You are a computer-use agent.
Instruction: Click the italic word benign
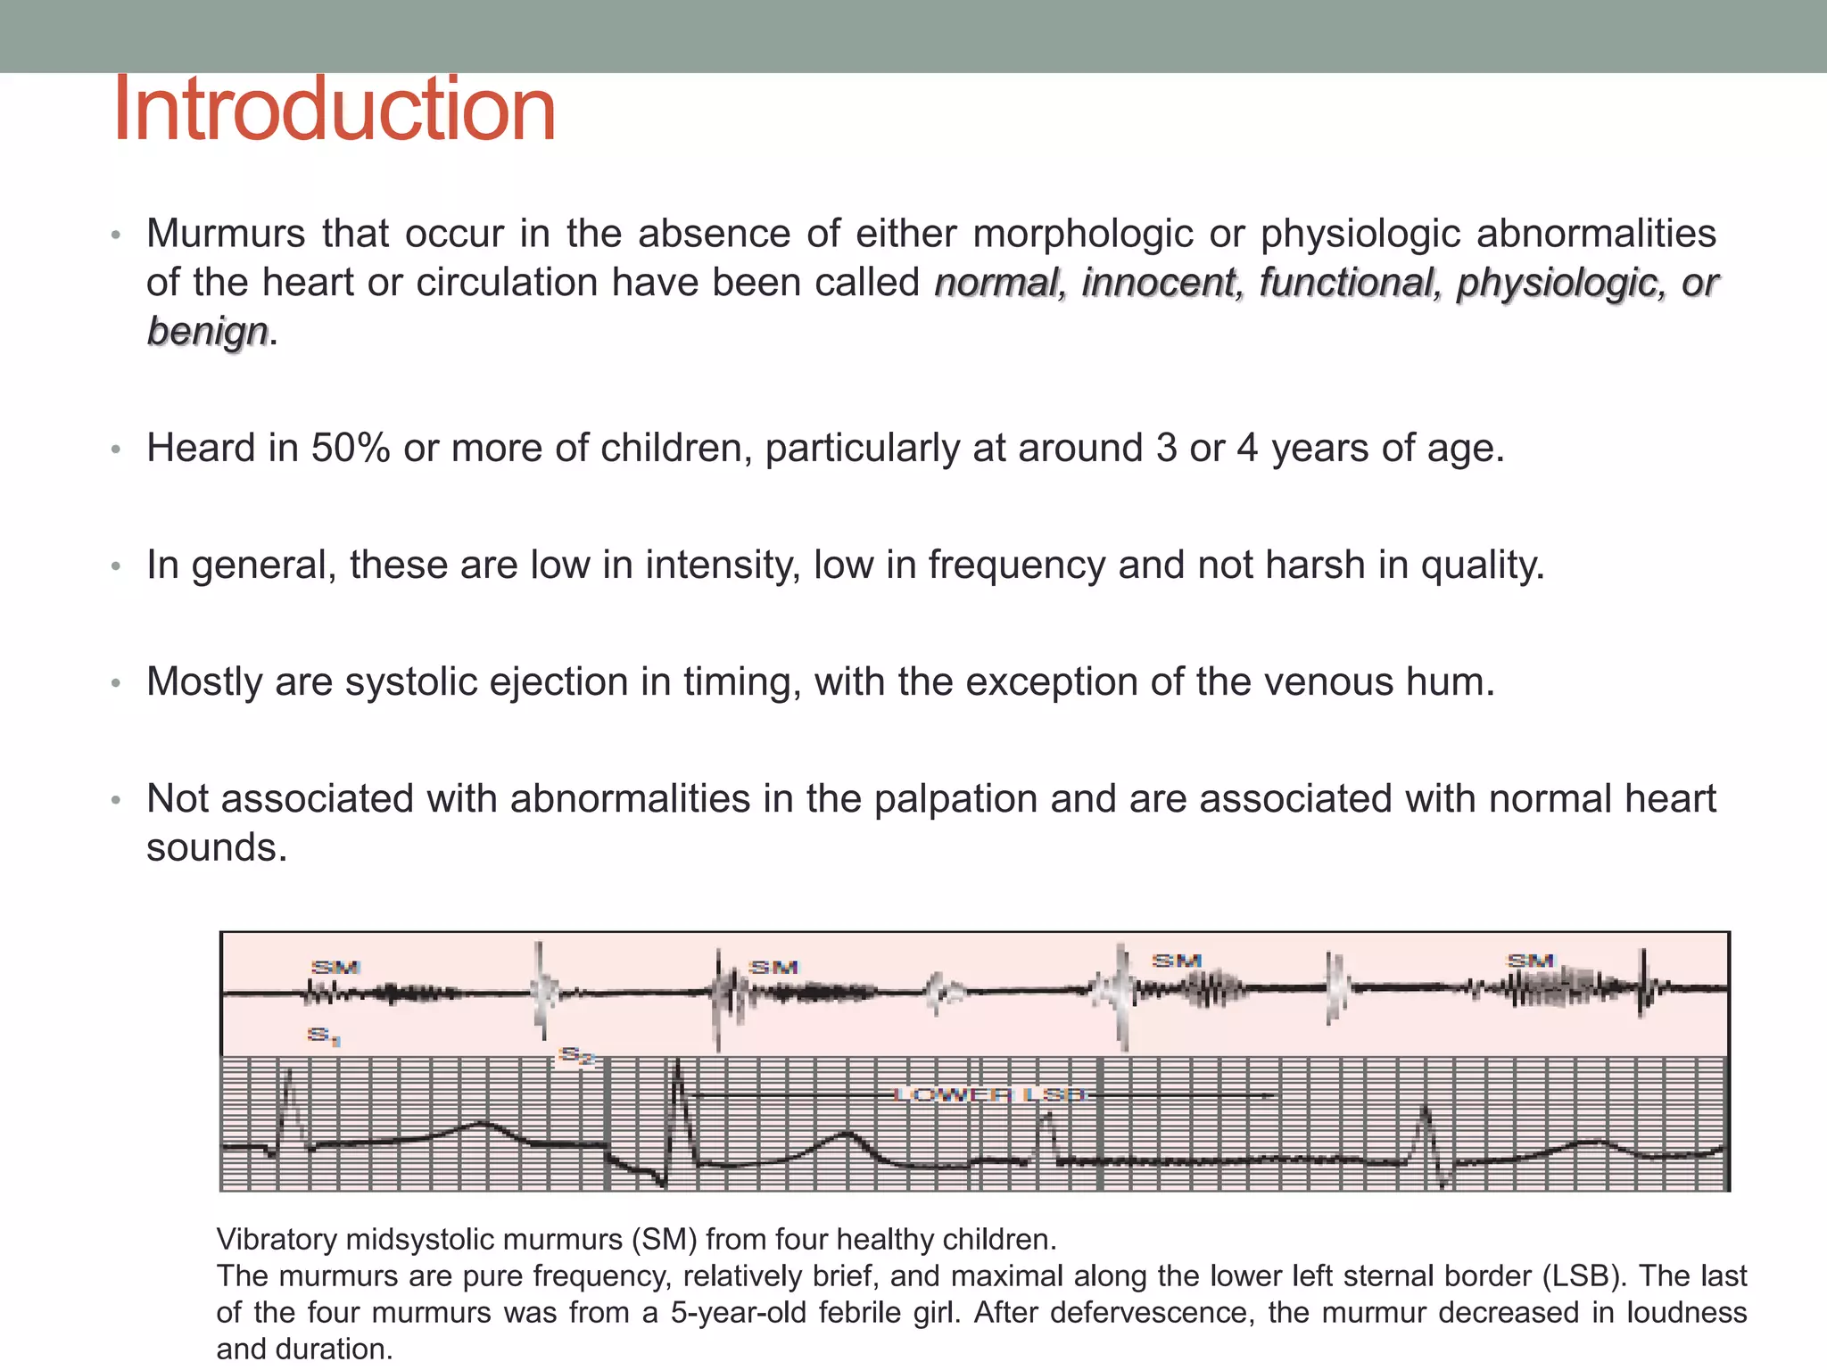click(x=207, y=331)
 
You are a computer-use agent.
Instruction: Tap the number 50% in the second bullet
click(x=351, y=448)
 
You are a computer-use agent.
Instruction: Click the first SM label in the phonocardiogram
click(x=335, y=967)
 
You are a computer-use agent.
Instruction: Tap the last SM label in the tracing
click(x=1531, y=961)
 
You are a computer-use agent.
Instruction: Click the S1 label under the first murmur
click(x=323, y=1036)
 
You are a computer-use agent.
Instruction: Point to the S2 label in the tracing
click(x=576, y=1057)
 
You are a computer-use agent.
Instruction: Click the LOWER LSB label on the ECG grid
click(x=989, y=1094)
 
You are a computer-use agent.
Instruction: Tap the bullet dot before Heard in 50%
click(x=115, y=450)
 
